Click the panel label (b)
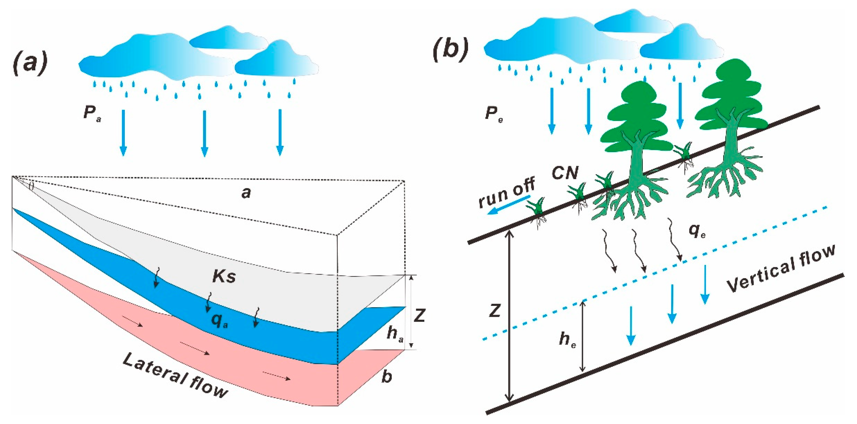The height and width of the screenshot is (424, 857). (x=451, y=50)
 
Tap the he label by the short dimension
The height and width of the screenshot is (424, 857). (x=567, y=340)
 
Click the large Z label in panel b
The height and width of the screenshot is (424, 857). (x=495, y=311)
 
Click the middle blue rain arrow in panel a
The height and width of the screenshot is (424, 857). (x=204, y=133)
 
